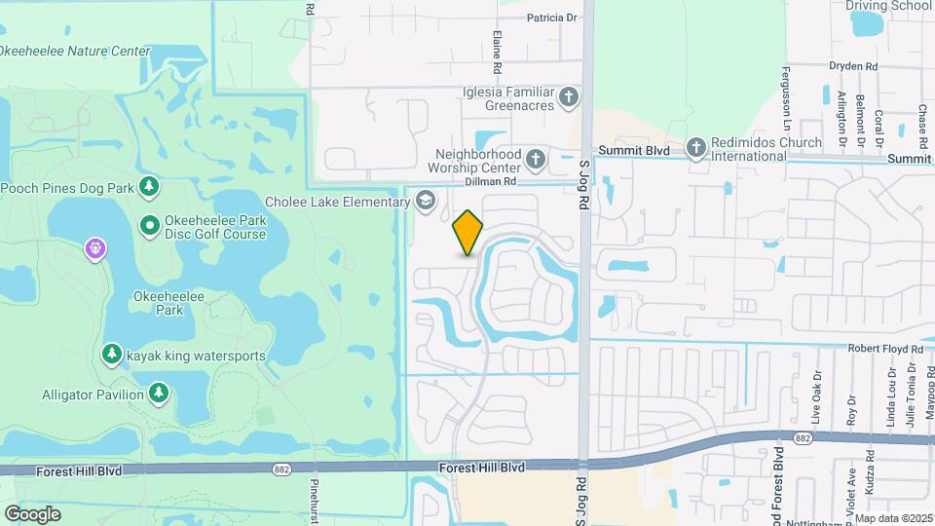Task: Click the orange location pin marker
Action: point(467,233)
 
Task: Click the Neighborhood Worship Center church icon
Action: point(535,158)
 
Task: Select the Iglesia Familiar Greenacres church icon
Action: point(570,97)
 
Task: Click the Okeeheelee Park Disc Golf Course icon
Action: point(149,226)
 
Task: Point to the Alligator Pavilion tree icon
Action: point(158,393)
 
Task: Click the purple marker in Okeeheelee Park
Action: point(94,249)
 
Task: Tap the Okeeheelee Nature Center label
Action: point(76,52)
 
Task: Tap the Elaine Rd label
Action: point(497,53)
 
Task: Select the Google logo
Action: point(33,513)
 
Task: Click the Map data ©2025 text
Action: point(893,518)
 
